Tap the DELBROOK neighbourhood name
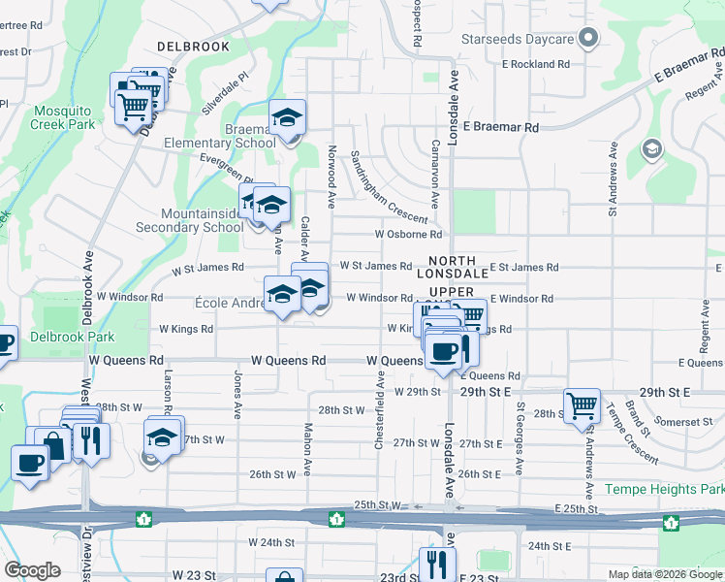click(x=194, y=47)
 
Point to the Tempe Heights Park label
click(x=664, y=489)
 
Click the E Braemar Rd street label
click(x=500, y=127)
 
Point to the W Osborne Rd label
click(x=408, y=234)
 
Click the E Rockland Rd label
click(x=536, y=64)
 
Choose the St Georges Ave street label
click(x=520, y=438)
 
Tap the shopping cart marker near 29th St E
click(x=583, y=405)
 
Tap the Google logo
click(x=32, y=570)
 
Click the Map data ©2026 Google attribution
click(x=665, y=574)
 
